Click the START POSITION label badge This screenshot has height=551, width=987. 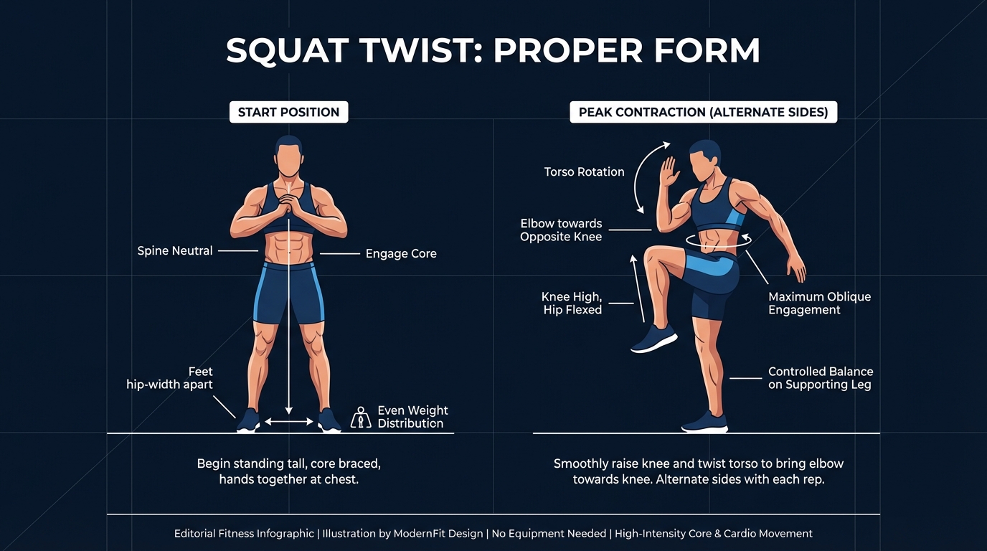tap(288, 112)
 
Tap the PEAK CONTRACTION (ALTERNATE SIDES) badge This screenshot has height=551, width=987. tap(703, 112)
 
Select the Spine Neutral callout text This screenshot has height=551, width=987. tap(175, 251)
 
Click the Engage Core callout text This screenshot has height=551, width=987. tap(401, 253)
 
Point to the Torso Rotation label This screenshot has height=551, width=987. tap(584, 172)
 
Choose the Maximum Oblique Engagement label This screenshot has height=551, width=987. tap(819, 303)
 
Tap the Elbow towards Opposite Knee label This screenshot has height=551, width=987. tap(561, 230)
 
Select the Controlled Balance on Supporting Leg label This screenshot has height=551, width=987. tap(820, 378)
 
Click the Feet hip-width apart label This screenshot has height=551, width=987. tap(170, 378)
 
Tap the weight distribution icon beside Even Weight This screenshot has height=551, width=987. tap(360, 418)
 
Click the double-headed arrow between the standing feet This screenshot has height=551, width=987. tap(289, 422)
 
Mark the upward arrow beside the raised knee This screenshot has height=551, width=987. tap(638, 287)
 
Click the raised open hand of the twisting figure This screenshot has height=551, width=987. tap(670, 172)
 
